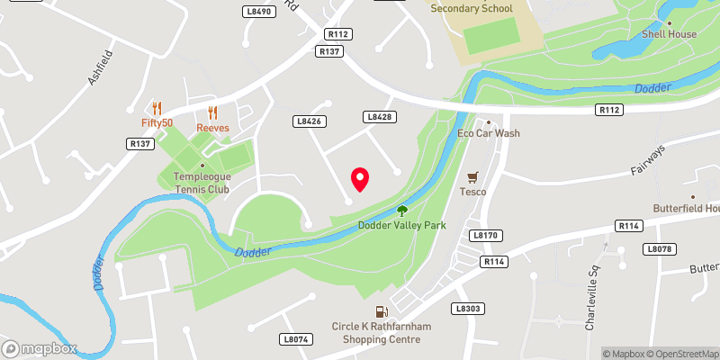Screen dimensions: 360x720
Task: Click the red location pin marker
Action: pos(360,179)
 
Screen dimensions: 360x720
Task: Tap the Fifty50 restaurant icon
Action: pos(156,108)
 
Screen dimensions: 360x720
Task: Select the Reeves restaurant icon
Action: pos(213,112)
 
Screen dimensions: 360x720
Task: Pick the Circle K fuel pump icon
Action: pos(389,311)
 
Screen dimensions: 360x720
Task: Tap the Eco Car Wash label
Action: pos(489,133)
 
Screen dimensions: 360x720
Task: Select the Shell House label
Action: pos(669,34)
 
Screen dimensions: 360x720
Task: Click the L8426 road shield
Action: pos(308,121)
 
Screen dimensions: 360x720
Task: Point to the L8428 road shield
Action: pos(378,117)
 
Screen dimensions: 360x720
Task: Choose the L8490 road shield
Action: pos(257,12)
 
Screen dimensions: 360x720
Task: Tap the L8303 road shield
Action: pos(466,308)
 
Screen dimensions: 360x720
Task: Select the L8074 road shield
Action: pos(295,339)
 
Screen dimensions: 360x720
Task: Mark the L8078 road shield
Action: pos(659,248)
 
